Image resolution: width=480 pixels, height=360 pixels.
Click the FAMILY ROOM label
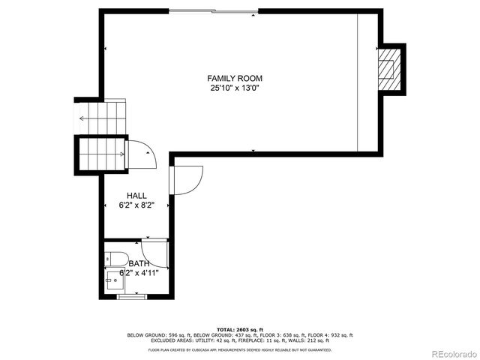(235, 78)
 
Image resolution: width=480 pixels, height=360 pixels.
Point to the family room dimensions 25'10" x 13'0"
(235, 88)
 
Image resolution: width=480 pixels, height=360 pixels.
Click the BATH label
(139, 264)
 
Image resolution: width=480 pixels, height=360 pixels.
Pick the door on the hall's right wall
(186, 180)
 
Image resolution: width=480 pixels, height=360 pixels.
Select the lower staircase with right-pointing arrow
(101, 154)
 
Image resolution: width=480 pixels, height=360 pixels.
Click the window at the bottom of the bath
(129, 297)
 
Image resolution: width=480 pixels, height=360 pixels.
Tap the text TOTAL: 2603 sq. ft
(240, 329)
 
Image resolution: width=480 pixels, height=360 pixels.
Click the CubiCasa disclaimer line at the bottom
(240, 349)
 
